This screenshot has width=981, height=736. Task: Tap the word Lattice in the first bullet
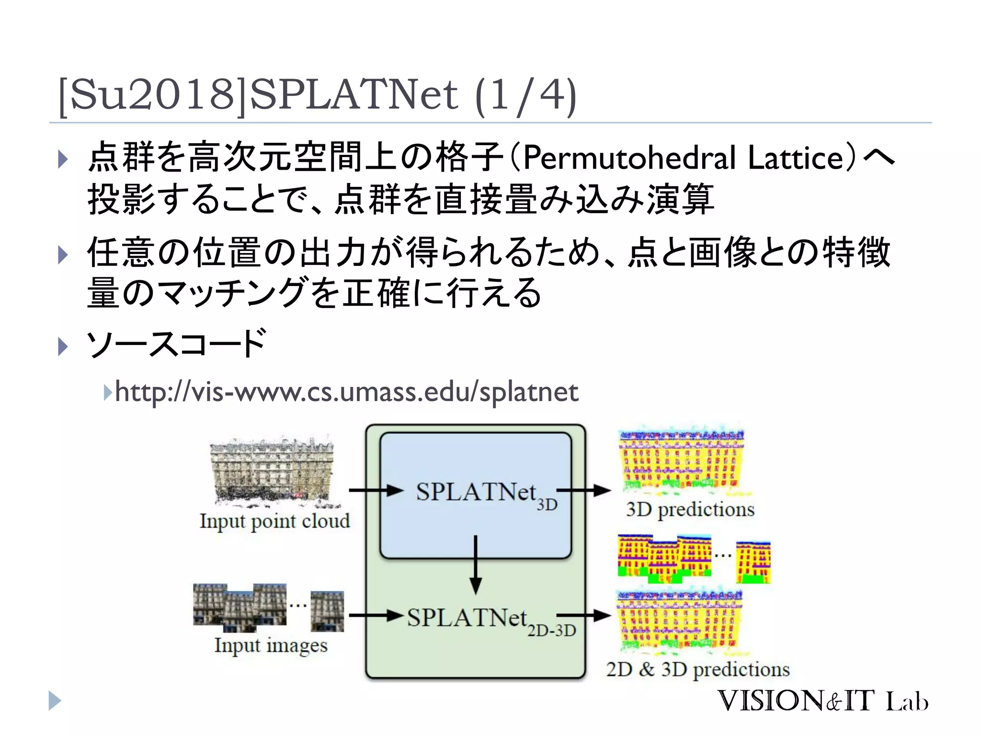796,158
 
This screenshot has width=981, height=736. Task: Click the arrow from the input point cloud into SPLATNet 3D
376,490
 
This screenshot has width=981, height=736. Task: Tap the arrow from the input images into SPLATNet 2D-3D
376,615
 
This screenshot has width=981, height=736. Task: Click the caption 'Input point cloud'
274,521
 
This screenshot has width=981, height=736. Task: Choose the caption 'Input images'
271,645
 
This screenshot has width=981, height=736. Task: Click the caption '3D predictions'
690,509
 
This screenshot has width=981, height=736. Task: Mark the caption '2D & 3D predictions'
697,669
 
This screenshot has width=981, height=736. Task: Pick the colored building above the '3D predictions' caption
681,460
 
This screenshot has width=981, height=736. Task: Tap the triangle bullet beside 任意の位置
63,254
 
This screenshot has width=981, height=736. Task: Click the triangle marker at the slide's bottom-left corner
55,701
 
